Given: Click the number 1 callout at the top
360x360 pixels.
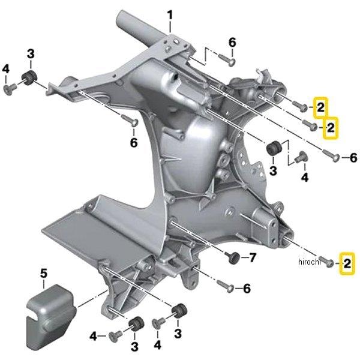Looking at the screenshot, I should [169, 14].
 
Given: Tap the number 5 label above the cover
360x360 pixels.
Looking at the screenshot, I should [43, 274].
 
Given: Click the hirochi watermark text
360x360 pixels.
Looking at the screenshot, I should [309, 262].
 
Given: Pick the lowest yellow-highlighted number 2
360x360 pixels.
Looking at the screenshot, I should [347, 263].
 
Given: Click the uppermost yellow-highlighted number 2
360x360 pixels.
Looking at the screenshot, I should [321, 107].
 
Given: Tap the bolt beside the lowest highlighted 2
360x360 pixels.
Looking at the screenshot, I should [328, 263].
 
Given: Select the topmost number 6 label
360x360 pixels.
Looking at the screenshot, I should [233, 42].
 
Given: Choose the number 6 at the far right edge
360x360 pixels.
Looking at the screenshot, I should [353, 158].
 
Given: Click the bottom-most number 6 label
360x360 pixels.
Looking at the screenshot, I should [246, 289].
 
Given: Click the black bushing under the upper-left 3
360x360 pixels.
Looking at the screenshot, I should [28, 77].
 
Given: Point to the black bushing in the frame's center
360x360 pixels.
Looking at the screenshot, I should [275, 147].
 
